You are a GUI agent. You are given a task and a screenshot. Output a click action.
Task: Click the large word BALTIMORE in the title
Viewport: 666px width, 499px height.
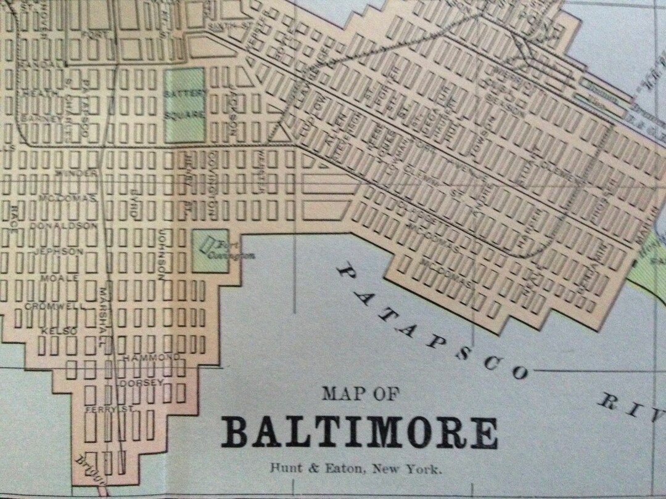click(360, 433)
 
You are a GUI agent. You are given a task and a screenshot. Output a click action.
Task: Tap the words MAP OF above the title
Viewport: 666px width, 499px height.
click(360, 394)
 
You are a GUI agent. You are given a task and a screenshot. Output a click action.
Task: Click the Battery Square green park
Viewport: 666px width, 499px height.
click(184, 105)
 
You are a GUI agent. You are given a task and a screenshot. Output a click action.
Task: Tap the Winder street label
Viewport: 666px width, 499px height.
click(76, 174)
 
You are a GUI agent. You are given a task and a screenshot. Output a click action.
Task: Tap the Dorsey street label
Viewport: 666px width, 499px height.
click(142, 383)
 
